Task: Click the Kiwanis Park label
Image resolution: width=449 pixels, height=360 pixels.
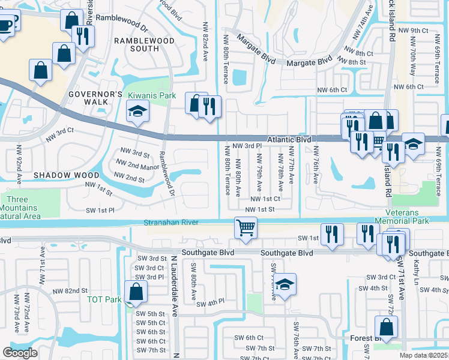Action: point(150,95)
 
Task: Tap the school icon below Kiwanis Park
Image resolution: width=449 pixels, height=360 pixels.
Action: point(137,112)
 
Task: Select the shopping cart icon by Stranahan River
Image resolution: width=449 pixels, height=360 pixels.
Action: point(246,229)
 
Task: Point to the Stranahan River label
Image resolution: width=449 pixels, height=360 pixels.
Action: point(171,223)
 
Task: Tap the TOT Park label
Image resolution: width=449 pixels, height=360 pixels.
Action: point(104,299)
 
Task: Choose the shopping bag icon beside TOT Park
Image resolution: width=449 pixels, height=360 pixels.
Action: point(136,292)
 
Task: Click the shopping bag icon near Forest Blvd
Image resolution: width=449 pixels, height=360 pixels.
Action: point(386,328)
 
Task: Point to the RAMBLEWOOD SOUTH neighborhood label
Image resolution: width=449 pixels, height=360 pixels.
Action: point(144,45)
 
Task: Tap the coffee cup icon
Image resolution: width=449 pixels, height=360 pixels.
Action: point(6,25)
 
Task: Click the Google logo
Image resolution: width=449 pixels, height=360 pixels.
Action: point(20,353)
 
